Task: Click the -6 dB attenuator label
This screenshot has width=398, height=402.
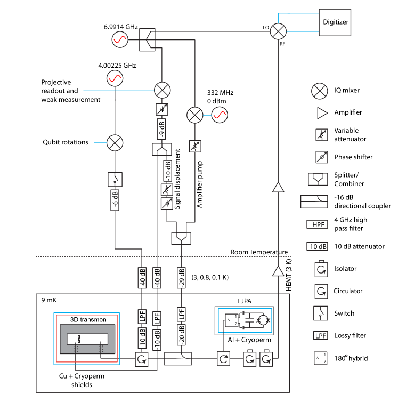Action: tap(115, 200)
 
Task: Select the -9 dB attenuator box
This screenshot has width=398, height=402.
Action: tap(161, 129)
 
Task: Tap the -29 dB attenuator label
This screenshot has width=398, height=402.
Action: tap(181, 278)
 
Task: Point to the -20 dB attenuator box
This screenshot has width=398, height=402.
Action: tap(181, 335)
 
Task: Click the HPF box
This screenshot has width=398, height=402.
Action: tap(317, 224)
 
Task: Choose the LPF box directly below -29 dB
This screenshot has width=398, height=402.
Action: tap(181, 315)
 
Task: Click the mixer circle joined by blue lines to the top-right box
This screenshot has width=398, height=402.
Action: tap(278, 31)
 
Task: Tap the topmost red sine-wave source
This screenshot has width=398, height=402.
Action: tap(120, 39)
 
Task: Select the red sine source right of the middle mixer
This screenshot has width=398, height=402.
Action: tap(220, 115)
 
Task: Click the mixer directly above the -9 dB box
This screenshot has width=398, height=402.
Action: tap(162, 90)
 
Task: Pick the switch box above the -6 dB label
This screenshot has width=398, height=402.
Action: tap(115, 179)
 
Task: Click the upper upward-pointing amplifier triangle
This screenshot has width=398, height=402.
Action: tap(278, 187)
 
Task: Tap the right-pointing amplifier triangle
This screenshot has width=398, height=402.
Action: tap(322, 113)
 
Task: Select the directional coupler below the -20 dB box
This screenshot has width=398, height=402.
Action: tap(178, 359)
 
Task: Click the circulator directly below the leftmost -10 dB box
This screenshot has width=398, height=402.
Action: tap(142, 359)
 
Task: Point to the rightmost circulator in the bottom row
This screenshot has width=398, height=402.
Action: tap(266, 359)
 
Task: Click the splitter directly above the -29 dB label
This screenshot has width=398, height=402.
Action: tap(181, 238)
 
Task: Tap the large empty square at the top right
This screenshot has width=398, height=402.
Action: tap(335, 22)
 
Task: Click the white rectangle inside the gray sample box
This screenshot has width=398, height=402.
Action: tap(87, 339)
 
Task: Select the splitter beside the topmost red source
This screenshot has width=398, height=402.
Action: tap(147, 40)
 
